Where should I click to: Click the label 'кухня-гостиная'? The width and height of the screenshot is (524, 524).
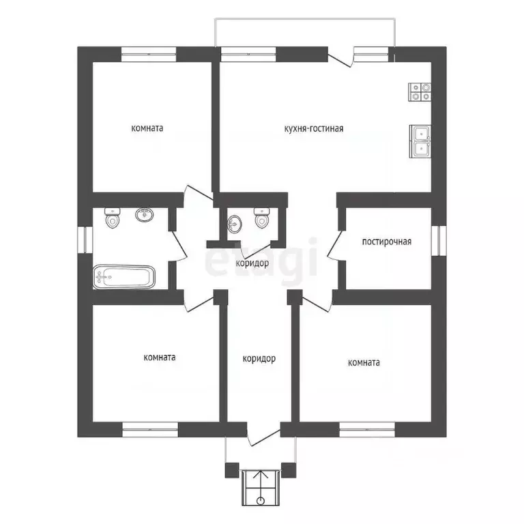pos(314,128)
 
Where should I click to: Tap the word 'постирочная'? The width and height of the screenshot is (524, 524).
pos(387,241)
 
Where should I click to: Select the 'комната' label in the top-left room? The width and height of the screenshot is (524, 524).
pos(147,128)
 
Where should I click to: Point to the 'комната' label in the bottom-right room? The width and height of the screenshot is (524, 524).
pos(364,362)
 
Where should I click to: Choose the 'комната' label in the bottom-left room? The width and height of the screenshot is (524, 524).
pos(160,357)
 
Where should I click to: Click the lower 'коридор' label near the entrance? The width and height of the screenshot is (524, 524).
pos(259,358)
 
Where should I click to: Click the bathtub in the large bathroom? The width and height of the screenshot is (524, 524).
pos(124,277)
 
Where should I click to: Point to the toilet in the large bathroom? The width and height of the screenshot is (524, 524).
pos(113,218)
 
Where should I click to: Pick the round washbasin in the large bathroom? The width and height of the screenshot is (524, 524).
pos(144,216)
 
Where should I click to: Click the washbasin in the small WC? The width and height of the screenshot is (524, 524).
pos(235,222)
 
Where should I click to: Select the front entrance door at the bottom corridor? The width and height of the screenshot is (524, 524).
pos(263,437)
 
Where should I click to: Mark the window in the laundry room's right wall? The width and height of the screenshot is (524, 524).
pos(441,242)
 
